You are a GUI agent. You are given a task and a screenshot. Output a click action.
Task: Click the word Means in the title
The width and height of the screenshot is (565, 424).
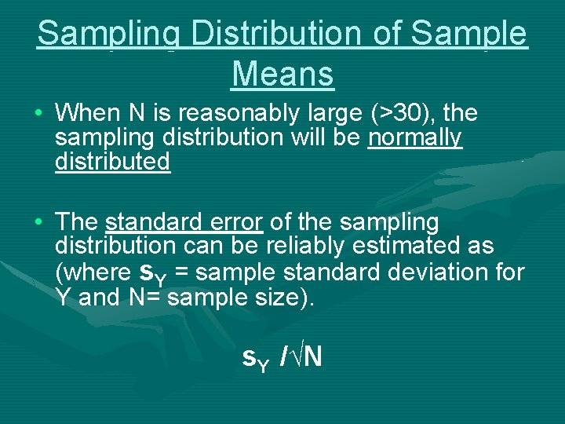[282, 75]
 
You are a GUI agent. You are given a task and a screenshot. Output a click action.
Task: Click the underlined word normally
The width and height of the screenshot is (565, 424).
[415, 138]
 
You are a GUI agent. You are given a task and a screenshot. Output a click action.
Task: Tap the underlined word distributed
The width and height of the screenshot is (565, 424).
[112, 163]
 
